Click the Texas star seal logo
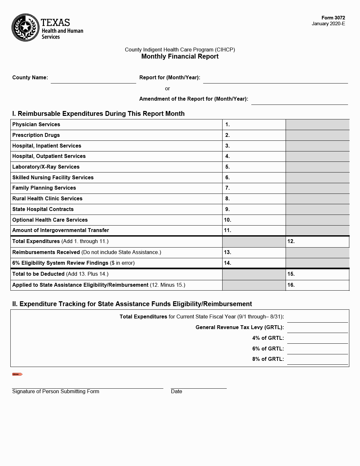(x=26, y=28)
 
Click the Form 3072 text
(x=333, y=18)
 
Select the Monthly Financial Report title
(x=180, y=56)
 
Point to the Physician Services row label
(x=36, y=125)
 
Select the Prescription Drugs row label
(x=36, y=135)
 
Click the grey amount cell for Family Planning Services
(x=317, y=188)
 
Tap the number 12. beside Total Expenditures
(x=291, y=241)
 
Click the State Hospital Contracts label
(x=43, y=209)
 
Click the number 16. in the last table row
(x=291, y=285)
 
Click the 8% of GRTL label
(x=268, y=359)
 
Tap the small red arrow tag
(x=17, y=374)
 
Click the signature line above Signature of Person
(x=87, y=388)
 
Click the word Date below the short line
(x=176, y=392)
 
